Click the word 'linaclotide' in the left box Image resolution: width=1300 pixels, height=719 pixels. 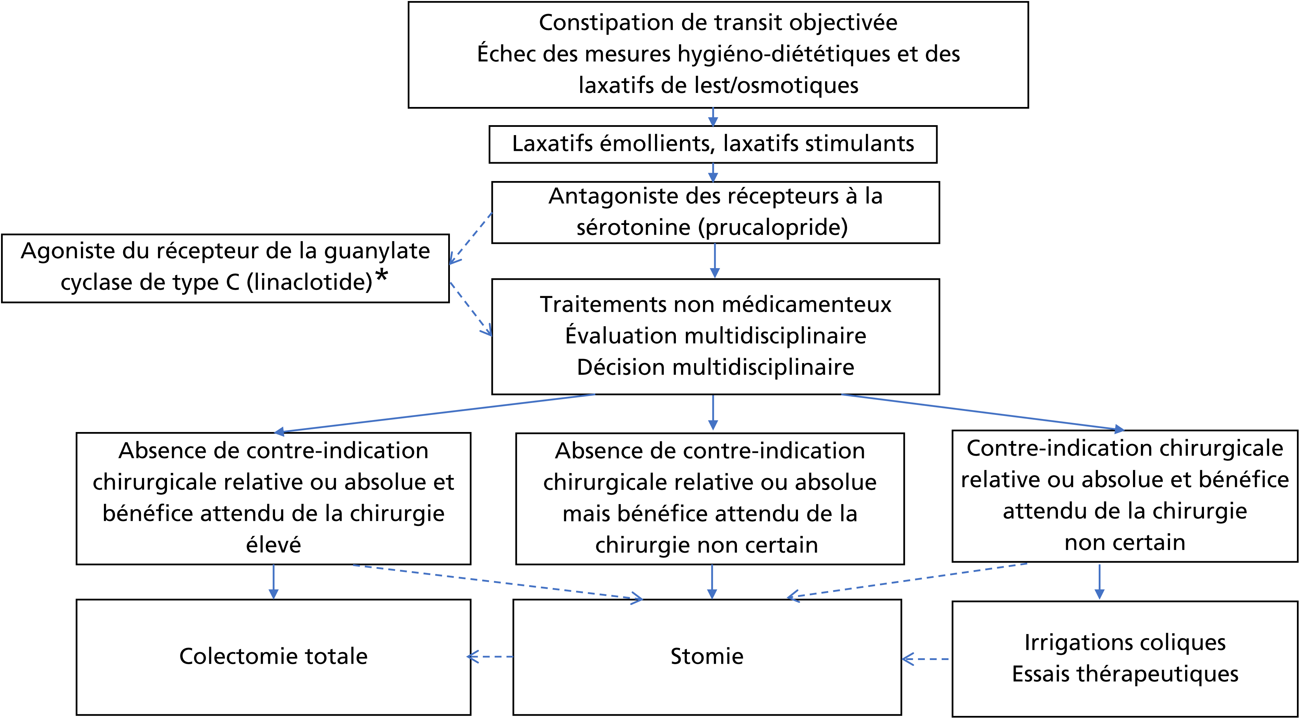tap(309, 282)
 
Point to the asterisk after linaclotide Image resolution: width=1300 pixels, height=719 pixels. tap(382, 276)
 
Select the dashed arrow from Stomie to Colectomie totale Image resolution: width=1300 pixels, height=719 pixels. tap(490, 657)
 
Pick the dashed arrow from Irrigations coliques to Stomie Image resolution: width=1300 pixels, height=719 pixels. tap(925, 659)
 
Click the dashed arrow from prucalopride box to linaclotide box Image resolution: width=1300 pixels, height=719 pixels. tap(470, 238)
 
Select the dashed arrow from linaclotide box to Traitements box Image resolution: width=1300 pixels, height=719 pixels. tap(471, 309)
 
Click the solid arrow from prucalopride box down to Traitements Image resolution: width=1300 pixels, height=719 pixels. tap(715, 260)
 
